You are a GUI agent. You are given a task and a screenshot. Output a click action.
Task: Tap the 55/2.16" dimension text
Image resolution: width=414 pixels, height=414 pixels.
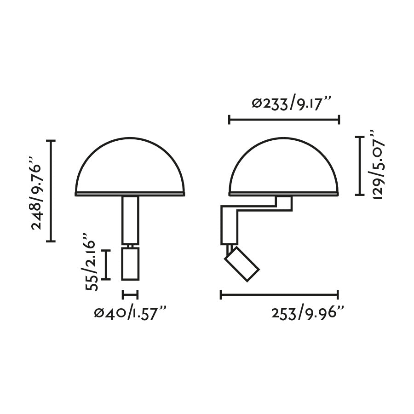point(91,265)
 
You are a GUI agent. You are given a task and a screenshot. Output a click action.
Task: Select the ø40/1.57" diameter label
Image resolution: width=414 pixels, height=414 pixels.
point(130,314)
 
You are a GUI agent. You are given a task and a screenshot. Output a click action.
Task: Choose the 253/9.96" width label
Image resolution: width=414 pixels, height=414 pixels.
point(308,314)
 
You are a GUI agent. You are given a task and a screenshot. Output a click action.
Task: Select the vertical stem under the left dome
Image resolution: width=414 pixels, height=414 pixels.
point(130,220)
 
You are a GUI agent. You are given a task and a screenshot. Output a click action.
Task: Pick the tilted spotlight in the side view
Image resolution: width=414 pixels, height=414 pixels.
point(242,264)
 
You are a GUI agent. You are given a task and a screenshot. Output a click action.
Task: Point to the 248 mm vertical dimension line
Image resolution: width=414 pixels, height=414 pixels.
point(51,190)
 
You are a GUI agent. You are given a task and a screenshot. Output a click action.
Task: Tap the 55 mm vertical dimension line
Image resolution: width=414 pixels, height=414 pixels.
point(106,264)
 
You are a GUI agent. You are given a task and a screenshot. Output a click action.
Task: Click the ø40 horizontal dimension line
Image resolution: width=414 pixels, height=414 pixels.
point(130,295)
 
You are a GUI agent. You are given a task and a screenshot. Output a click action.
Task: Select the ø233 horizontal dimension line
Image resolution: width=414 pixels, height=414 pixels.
point(284,120)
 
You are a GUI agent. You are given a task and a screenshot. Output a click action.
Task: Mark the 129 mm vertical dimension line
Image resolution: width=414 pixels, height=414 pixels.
point(360,166)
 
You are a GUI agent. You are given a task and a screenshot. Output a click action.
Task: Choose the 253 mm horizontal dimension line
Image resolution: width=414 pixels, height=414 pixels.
point(279,295)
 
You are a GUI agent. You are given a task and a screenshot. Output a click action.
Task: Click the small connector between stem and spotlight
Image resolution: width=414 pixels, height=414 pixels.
point(131,246)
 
